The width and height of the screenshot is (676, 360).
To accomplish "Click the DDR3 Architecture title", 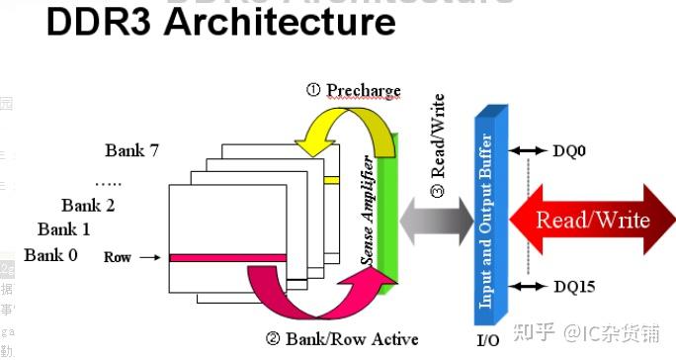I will pyautogui.click(x=219, y=24).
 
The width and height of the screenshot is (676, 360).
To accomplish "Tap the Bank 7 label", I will pyautogui.click(x=132, y=150).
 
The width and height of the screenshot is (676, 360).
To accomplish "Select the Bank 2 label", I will pyautogui.click(x=88, y=206).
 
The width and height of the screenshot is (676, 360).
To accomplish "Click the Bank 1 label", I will pyautogui.click(x=64, y=229).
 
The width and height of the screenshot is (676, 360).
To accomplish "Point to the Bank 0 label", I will pyautogui.click(x=50, y=255).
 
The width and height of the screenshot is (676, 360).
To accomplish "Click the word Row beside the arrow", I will pyautogui.click(x=117, y=257).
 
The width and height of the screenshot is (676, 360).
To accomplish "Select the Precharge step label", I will pyautogui.click(x=353, y=91).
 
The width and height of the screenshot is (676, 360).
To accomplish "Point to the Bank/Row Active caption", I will pyautogui.click(x=342, y=339).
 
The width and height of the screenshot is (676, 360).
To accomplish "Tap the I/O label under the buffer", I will pyautogui.click(x=488, y=340).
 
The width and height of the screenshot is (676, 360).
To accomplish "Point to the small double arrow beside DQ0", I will pyautogui.click(x=530, y=150).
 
